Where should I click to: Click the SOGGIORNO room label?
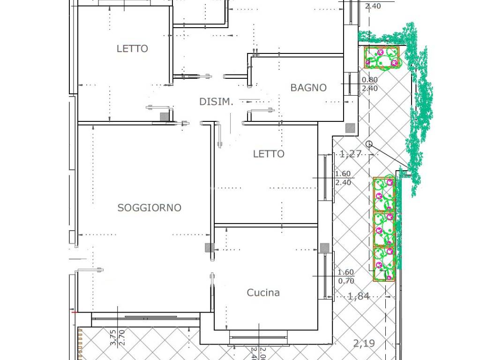pos(150,208)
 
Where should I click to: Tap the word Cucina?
pos(263,292)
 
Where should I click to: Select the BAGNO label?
pos(308,88)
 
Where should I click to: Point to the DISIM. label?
pos(216,102)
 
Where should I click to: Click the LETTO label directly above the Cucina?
pos(269,154)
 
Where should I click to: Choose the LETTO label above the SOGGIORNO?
pos(132,48)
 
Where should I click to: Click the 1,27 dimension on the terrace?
pos(351,154)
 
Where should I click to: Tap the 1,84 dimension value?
pos(359,296)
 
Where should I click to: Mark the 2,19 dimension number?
pos(364,343)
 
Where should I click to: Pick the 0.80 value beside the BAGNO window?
pos(370,80)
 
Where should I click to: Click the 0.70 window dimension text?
pos(346,281)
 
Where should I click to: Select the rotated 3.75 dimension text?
pos(113,337)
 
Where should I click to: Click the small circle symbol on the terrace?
pos(369,144)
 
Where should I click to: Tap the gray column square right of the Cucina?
pos(324,247)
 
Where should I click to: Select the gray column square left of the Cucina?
pos(210,247)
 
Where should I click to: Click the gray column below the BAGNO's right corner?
pos(350,128)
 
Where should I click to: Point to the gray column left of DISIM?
pos(165,117)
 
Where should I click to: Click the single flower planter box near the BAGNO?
pos(382,57)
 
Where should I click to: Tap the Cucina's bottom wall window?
pos(259,337)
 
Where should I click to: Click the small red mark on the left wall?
pos(74,312)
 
